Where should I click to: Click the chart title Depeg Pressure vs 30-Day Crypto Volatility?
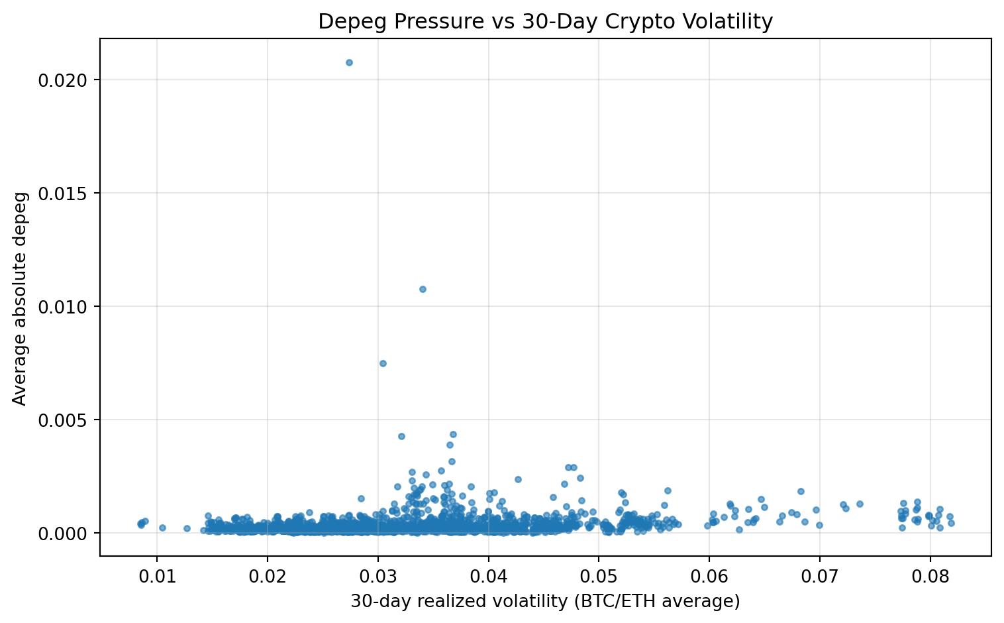(x=545, y=22)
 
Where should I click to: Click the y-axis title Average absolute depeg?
(x=20, y=298)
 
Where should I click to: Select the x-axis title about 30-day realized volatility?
(x=545, y=601)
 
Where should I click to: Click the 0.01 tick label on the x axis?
(x=157, y=575)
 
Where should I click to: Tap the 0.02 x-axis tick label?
(x=268, y=575)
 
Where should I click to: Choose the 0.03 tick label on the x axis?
(x=377, y=575)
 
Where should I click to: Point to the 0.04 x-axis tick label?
(x=488, y=575)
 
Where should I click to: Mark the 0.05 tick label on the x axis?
(x=599, y=575)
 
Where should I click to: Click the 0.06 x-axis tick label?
(x=709, y=575)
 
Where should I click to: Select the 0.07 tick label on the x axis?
(x=819, y=575)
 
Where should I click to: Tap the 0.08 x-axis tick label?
(x=930, y=575)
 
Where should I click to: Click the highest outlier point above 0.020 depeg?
(x=349, y=62)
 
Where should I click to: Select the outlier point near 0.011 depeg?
(x=423, y=289)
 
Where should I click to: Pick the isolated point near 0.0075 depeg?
(x=383, y=363)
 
